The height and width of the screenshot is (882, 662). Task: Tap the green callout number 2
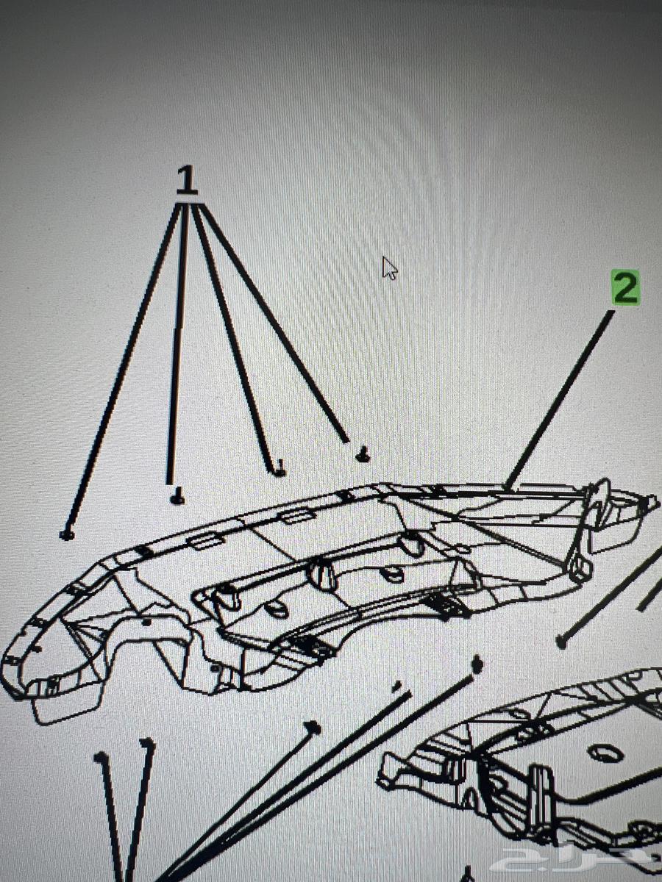pyautogui.click(x=625, y=287)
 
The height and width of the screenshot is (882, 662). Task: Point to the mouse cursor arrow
pyautogui.click(x=390, y=268)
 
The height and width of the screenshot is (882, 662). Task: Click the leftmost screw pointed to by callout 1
pyautogui.click(x=67, y=535)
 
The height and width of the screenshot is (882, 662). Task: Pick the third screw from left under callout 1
pyautogui.click(x=280, y=469)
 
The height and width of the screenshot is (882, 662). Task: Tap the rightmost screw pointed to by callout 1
pyautogui.click(x=363, y=455)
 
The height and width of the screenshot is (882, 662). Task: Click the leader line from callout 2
pyautogui.click(x=560, y=399)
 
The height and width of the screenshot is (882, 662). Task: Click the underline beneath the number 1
pyautogui.click(x=188, y=195)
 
